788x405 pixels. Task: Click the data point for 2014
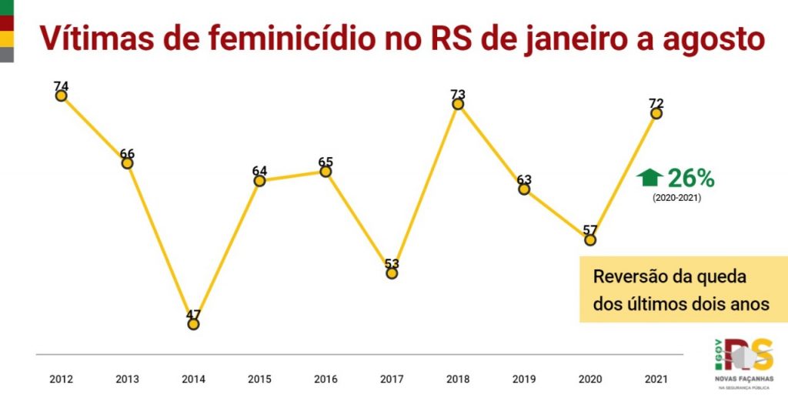[x=193, y=324]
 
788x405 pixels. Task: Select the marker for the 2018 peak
[x=458, y=105]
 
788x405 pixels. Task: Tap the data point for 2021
[x=656, y=113]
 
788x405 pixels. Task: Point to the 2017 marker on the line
[x=392, y=273]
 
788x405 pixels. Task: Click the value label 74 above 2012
[x=62, y=85]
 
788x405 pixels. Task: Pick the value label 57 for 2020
[x=590, y=229]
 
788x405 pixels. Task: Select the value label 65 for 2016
[x=326, y=162]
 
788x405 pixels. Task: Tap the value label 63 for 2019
[x=524, y=179]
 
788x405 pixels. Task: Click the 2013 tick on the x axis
[x=127, y=379]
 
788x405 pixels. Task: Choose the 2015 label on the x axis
[x=259, y=379]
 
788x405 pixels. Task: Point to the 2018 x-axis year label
[x=458, y=379]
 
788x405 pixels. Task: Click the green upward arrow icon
[x=649, y=178]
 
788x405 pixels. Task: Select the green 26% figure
[x=691, y=179]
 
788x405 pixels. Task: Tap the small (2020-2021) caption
[x=676, y=198]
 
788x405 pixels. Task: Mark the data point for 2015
[x=259, y=181]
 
